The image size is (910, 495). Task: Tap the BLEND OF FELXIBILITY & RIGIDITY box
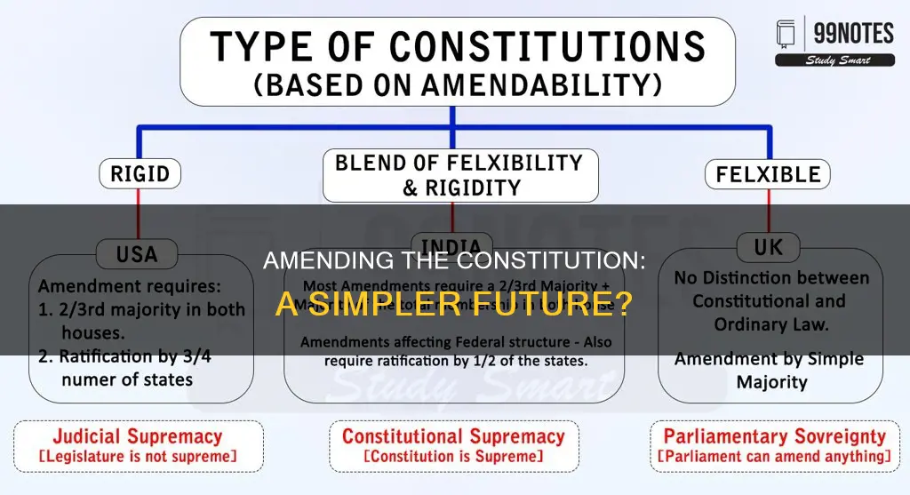459,175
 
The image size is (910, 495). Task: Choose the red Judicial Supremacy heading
137,436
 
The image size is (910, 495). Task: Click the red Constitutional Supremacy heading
453,436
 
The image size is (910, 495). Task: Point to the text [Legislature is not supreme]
137,457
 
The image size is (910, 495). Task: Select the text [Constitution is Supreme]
453,457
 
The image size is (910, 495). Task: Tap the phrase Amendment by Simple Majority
770,371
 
